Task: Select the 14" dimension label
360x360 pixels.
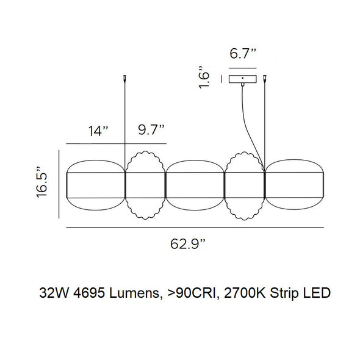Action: tap(96, 130)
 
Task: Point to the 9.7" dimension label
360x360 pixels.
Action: tap(149, 130)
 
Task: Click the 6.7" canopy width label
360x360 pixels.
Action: tap(242, 54)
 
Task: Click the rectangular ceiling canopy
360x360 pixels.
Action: tap(243, 79)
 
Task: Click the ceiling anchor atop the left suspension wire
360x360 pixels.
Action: tap(126, 79)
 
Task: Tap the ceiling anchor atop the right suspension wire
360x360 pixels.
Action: tap(265, 79)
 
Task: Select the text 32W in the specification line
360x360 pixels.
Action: tap(52, 293)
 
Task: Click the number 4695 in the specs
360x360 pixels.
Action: tap(87, 293)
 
